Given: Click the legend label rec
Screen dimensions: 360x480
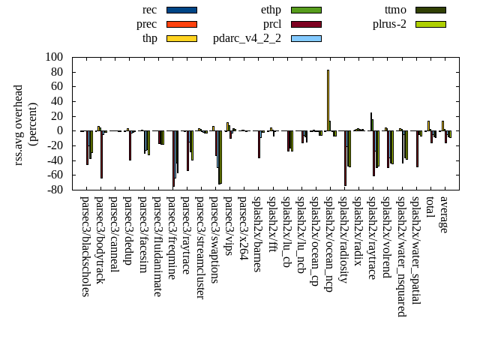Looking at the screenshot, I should point(149,10).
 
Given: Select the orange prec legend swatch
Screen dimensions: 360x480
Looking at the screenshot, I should point(181,24).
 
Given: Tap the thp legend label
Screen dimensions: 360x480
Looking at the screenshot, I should point(149,38).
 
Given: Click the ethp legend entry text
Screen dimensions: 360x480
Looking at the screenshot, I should point(271,10).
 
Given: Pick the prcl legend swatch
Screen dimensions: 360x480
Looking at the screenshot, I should point(306,24).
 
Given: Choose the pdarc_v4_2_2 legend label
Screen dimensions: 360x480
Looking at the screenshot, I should point(247,38).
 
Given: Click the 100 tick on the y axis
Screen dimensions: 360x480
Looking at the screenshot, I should point(54,57).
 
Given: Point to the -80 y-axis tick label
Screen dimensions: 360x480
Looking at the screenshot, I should point(54,190).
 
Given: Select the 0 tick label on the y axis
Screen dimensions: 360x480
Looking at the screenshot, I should point(60,130).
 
